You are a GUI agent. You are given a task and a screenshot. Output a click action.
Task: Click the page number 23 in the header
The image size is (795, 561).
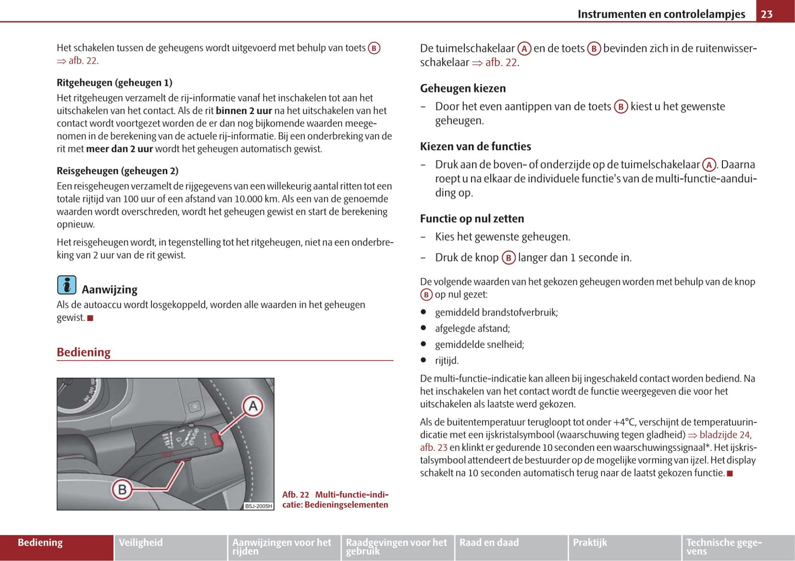[767, 14]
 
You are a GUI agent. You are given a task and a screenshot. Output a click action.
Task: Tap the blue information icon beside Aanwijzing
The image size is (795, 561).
[67, 285]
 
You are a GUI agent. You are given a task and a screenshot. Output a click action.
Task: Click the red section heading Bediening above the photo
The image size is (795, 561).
[84, 352]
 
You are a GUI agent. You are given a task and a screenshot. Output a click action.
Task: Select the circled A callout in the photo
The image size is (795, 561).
[253, 407]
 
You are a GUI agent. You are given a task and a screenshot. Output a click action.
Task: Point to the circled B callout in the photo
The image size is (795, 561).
[122, 489]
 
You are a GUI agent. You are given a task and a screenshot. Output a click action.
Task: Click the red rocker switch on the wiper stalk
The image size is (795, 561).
[217, 439]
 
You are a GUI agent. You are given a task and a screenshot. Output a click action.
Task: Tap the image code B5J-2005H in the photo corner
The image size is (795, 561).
[259, 506]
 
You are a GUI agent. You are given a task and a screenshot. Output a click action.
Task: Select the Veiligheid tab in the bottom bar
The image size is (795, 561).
[141, 543]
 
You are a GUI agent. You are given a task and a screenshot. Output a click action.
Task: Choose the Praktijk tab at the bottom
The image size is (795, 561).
[590, 543]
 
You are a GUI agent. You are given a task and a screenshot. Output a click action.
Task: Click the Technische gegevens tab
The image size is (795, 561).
[724, 546]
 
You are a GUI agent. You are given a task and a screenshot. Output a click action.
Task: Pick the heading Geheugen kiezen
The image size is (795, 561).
[463, 89]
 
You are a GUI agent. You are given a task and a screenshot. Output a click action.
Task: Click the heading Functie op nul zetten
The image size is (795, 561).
[472, 219]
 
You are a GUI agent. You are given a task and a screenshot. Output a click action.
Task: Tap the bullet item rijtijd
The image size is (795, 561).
[447, 361]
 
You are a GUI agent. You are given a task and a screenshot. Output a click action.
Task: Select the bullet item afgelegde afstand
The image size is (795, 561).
[473, 329]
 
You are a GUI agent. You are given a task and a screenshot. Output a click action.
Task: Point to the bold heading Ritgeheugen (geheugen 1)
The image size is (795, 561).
[114, 83]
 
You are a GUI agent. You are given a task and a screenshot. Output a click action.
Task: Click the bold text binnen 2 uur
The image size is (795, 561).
[244, 111]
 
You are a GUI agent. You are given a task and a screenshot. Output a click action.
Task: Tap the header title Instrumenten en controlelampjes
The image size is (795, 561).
[661, 14]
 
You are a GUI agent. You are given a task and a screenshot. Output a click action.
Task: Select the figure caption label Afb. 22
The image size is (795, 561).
[295, 495]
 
